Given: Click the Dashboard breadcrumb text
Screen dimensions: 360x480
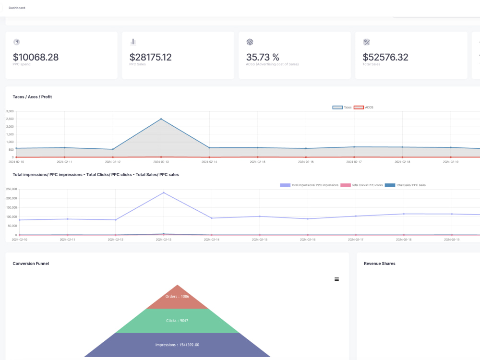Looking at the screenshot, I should pyautogui.click(x=17, y=8).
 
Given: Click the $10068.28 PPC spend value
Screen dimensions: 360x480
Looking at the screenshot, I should pyautogui.click(x=36, y=57).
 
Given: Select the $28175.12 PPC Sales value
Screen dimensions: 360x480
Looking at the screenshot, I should pyautogui.click(x=150, y=57).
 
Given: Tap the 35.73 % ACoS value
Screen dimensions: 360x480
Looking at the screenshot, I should pyautogui.click(x=263, y=57).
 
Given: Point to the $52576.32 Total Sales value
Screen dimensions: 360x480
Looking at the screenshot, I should pyautogui.click(x=385, y=57).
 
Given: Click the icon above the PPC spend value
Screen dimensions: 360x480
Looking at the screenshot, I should pyautogui.click(x=17, y=42).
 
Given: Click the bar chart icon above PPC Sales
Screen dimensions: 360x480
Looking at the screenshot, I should pyautogui.click(x=133, y=42).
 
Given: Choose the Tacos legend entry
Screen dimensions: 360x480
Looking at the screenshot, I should pyautogui.click(x=342, y=107).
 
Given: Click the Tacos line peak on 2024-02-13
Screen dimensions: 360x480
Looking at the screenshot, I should pyautogui.click(x=161, y=119).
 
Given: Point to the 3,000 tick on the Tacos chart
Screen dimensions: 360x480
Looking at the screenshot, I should pyautogui.click(x=10, y=111).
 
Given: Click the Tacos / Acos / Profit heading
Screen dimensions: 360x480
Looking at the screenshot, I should pyautogui.click(x=32, y=97).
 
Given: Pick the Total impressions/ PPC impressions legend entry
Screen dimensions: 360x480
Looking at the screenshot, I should pyautogui.click(x=309, y=185).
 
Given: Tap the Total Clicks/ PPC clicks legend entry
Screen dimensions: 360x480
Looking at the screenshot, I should pyautogui.click(x=362, y=185).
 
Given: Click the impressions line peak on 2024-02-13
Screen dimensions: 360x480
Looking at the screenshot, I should pyautogui.click(x=164, y=192).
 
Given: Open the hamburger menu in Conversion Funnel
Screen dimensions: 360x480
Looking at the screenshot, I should pyautogui.click(x=336, y=279).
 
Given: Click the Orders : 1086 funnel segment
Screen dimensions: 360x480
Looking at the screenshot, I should pyautogui.click(x=178, y=297).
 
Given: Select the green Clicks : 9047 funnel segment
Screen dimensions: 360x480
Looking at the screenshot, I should pyautogui.click(x=178, y=321).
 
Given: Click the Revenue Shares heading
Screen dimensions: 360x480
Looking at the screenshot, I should pyautogui.click(x=379, y=264).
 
